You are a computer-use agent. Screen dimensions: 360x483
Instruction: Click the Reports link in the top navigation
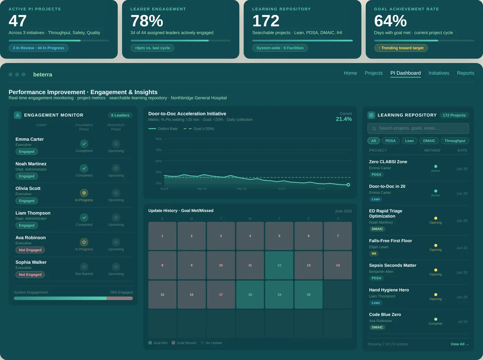point(465,73)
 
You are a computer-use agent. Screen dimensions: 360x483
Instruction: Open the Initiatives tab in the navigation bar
point(439,73)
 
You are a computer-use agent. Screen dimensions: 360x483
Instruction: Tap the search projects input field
point(418,128)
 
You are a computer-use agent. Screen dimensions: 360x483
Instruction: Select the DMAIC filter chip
point(429,141)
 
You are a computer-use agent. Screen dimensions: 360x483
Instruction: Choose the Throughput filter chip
point(455,141)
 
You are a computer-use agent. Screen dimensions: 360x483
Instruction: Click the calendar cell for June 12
point(279,265)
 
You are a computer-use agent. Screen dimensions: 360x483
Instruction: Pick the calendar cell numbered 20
point(308,294)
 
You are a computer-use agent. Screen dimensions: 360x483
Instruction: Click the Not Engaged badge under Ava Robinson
point(30,250)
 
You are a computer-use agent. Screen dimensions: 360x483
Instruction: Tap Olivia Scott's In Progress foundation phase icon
point(84,193)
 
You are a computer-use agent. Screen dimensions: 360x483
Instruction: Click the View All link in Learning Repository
point(459,344)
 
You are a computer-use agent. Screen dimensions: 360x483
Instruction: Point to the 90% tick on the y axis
point(158,139)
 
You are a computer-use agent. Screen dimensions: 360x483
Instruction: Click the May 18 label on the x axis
point(202,189)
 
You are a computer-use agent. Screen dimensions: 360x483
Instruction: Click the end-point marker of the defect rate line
point(348,185)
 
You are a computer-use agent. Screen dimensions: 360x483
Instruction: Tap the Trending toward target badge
point(401,48)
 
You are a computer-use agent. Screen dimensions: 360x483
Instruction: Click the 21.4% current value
point(343,119)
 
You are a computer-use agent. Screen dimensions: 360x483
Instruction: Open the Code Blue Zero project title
point(385,314)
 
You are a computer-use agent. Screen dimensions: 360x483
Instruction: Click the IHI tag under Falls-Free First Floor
point(374,253)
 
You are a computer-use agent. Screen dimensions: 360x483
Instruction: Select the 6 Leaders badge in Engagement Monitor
point(120,115)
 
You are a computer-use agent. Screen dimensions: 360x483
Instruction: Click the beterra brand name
point(43,74)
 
